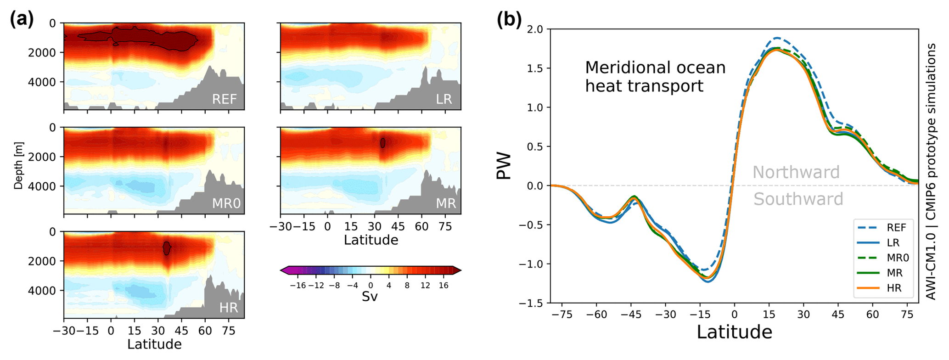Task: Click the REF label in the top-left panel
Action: pyautogui.click(x=224, y=99)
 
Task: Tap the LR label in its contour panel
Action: pyautogui.click(x=444, y=99)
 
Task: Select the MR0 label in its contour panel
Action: pyautogui.click(x=226, y=203)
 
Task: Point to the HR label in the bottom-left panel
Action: pyautogui.click(x=228, y=308)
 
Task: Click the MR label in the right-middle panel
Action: pyautogui.click(x=445, y=203)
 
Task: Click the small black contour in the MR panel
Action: pyautogui.click(x=382, y=143)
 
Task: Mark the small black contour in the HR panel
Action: pyautogui.click(x=167, y=248)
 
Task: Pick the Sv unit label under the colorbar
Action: pyautogui.click(x=370, y=297)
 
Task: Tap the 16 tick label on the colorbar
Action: pyautogui.click(x=443, y=286)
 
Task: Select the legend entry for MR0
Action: pyautogui.click(x=896, y=258)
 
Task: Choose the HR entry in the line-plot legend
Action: pyautogui.click(x=893, y=288)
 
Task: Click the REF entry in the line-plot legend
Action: pyautogui.click(x=896, y=228)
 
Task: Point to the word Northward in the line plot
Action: pyautogui.click(x=796, y=172)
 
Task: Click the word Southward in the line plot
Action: pyautogui.click(x=798, y=199)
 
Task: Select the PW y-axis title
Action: pyautogui.click(x=504, y=166)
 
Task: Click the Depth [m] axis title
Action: pyautogui.click(x=18, y=166)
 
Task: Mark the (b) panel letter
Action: pyautogui.click(x=509, y=20)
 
